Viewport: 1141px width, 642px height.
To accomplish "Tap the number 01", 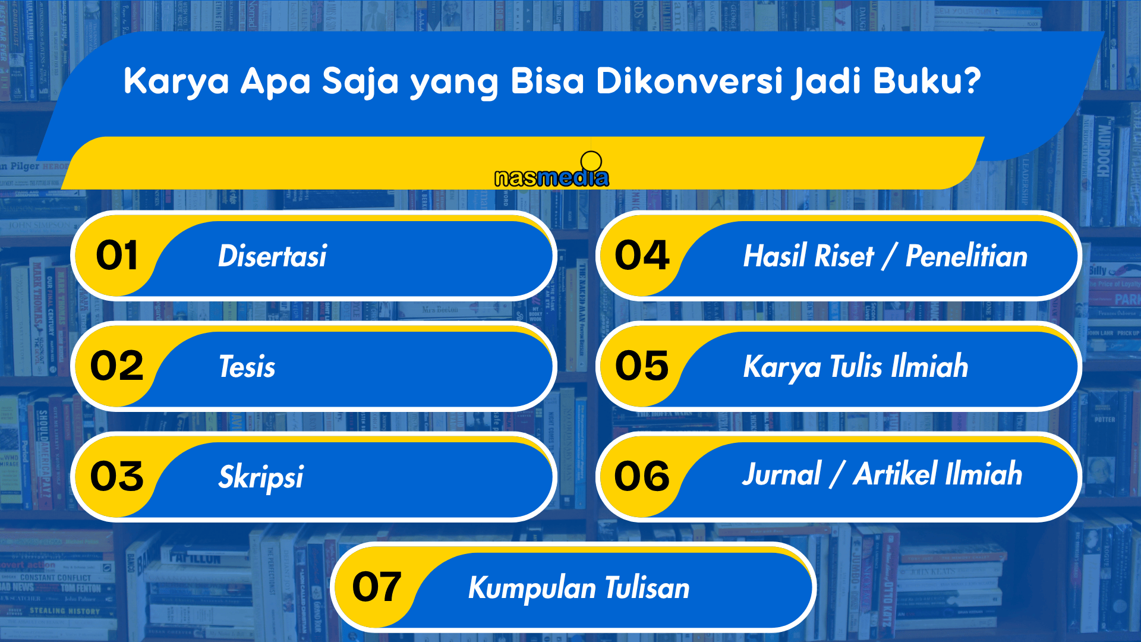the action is coord(117,256).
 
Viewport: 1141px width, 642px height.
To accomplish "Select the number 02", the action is coord(117,366).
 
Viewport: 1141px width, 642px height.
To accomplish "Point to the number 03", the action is coord(117,477).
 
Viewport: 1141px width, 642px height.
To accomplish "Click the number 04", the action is coord(642,256).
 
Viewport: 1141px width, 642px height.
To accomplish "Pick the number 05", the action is coord(642,366).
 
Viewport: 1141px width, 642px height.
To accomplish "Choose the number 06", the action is coord(642,477).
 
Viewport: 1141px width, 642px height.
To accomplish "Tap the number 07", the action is coord(377,587).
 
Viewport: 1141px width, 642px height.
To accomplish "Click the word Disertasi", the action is coord(273,256).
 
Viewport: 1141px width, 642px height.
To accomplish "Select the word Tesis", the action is coord(247,366).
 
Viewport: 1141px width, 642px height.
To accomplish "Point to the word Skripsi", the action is coord(261,477).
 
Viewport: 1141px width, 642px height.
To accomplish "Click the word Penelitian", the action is coord(966,256).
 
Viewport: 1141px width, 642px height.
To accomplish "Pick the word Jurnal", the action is coord(781,474).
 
